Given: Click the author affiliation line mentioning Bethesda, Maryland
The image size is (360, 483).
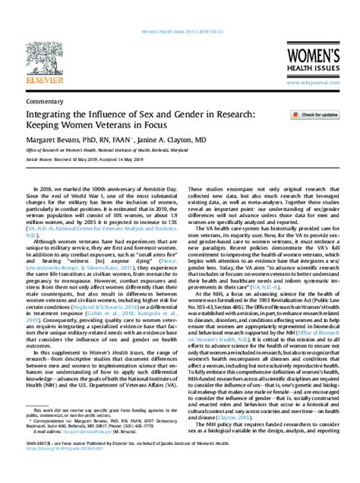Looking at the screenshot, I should (109, 150).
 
